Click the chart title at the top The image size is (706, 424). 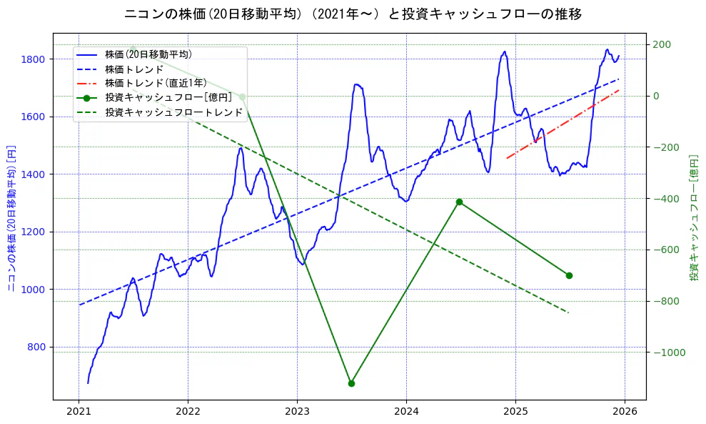click(x=353, y=14)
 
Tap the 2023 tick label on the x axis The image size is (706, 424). click(x=297, y=412)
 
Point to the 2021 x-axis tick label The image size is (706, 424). click(x=79, y=412)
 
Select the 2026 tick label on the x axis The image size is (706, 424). click(x=625, y=412)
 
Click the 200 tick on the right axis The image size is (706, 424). click(x=660, y=44)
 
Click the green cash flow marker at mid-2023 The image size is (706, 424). click(x=351, y=383)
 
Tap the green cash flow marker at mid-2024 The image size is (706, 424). click(x=459, y=202)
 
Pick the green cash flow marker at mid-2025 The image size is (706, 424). click(x=569, y=275)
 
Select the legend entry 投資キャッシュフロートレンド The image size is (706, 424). click(x=174, y=112)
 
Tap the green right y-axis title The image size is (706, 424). click(x=693, y=217)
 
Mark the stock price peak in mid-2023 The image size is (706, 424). click(x=356, y=84)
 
